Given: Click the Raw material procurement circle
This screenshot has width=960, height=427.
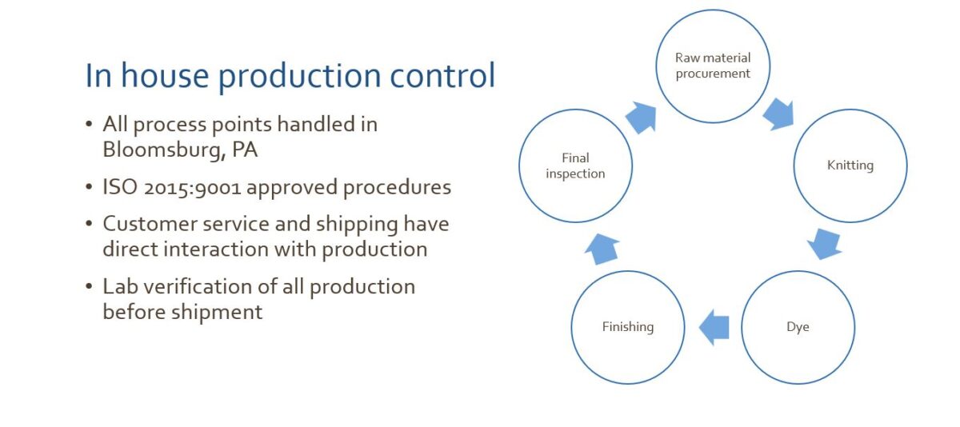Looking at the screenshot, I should point(713,66).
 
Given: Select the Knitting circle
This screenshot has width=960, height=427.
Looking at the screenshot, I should point(850,166).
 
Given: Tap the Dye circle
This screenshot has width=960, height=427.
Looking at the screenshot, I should point(798,327).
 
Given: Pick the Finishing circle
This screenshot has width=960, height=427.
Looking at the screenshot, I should point(628,327).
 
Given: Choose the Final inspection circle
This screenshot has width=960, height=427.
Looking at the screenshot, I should point(575,166).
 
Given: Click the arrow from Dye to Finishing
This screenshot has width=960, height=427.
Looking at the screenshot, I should point(714,327).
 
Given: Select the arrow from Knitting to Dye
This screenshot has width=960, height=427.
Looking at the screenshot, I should point(824,243).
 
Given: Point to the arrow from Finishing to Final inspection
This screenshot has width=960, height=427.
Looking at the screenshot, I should point(602,248).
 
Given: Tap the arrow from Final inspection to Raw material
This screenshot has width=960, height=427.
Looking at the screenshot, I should point(641,118).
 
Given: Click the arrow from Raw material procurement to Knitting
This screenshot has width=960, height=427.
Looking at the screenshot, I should point(778,114).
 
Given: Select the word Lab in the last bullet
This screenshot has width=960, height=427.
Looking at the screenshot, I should point(119,286).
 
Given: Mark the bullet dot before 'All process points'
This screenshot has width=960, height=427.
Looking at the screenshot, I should point(90,126).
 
